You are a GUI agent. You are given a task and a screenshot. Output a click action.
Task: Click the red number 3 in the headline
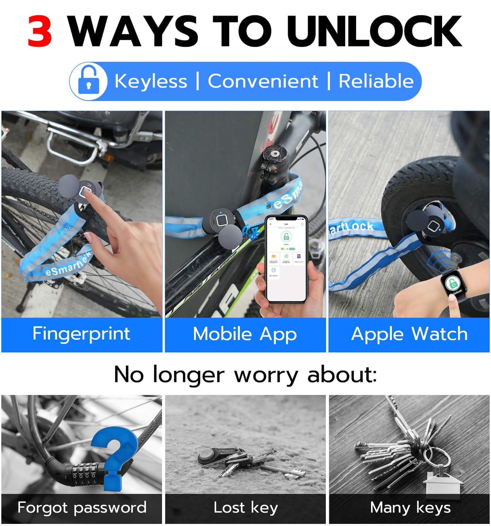(x=40, y=32)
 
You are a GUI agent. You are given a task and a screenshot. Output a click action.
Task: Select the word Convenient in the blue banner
(x=263, y=81)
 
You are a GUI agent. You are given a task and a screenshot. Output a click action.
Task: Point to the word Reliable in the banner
(x=376, y=81)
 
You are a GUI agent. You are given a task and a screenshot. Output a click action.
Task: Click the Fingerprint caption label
(x=82, y=334)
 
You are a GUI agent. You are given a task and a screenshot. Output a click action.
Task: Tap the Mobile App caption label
(x=245, y=334)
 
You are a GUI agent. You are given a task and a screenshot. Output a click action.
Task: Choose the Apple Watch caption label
(x=409, y=334)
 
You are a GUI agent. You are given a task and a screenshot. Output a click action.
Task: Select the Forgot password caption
(x=82, y=508)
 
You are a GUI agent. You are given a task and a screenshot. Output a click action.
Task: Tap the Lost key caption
(x=245, y=508)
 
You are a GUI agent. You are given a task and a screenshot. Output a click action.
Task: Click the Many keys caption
(x=410, y=508)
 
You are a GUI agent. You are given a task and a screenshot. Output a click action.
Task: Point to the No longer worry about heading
(x=245, y=375)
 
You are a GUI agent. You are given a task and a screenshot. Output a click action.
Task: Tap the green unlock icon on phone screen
(x=286, y=236)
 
